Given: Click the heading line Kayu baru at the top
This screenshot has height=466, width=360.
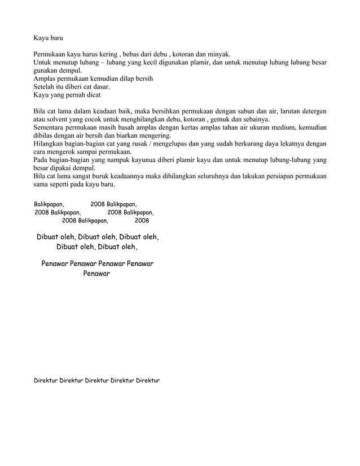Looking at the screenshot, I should tap(47, 39).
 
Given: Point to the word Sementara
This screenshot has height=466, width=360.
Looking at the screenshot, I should tap(51, 128).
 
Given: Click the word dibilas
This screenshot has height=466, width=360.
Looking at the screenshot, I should tap(44, 136).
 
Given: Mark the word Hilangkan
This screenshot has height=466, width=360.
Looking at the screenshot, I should tap(50, 144).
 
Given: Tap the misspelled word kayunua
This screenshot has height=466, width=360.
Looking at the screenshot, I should tap(163, 160).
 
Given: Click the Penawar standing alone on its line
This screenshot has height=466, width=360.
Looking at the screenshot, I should tap(96, 274).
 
